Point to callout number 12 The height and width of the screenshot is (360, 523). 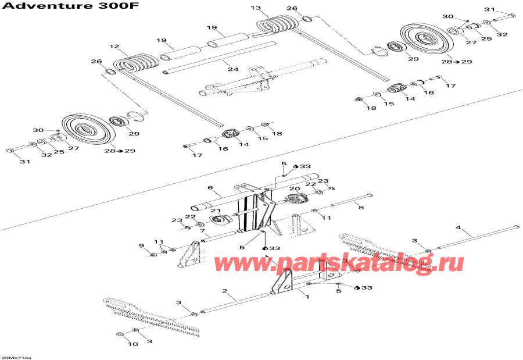[114, 46]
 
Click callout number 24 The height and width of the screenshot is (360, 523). [233, 69]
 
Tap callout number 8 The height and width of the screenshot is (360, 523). [361, 207]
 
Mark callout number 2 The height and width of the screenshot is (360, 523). [224, 290]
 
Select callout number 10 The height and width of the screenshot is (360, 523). [133, 344]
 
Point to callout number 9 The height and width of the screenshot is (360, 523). [141, 247]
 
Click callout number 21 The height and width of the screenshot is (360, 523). [213, 211]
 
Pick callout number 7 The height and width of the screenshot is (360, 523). [202, 231]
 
